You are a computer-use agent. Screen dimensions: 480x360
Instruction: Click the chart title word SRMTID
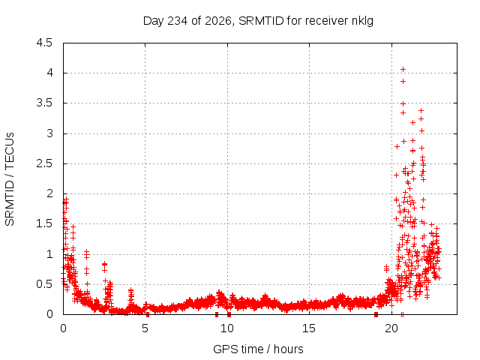pyautogui.click(x=261, y=21)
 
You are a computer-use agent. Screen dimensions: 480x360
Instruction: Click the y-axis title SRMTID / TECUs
pyautogui.click(x=10, y=179)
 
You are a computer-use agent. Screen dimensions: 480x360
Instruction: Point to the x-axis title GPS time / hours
pyautogui.click(x=258, y=349)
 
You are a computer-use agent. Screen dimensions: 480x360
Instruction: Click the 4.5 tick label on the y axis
pyautogui.click(x=44, y=43)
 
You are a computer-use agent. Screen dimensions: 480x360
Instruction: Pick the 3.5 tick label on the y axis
pyautogui.click(x=44, y=103)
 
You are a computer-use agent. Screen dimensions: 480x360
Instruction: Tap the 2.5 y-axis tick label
pyautogui.click(x=44, y=163)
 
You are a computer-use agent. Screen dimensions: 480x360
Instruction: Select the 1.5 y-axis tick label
pyautogui.click(x=44, y=223)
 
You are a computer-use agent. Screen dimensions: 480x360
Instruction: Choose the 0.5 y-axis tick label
pyautogui.click(x=44, y=284)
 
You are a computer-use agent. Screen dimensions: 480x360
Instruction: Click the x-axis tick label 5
pyautogui.click(x=145, y=328)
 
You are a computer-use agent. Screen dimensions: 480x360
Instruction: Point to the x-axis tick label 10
pyautogui.click(x=227, y=328)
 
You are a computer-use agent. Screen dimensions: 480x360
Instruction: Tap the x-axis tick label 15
pyautogui.click(x=309, y=328)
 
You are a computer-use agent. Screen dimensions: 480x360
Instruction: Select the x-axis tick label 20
pyautogui.click(x=391, y=328)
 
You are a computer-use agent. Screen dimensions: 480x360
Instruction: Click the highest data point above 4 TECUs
pyautogui.click(x=403, y=70)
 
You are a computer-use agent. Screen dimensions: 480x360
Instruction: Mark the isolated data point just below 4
pyautogui.click(x=403, y=82)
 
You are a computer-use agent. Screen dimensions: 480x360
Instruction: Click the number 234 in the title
pyautogui.click(x=178, y=21)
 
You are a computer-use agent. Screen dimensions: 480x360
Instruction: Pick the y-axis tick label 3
pyautogui.click(x=49, y=133)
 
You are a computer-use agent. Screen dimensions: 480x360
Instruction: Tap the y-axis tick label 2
pyautogui.click(x=49, y=193)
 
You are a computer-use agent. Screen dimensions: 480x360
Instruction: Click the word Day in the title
pyautogui.click(x=154, y=22)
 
